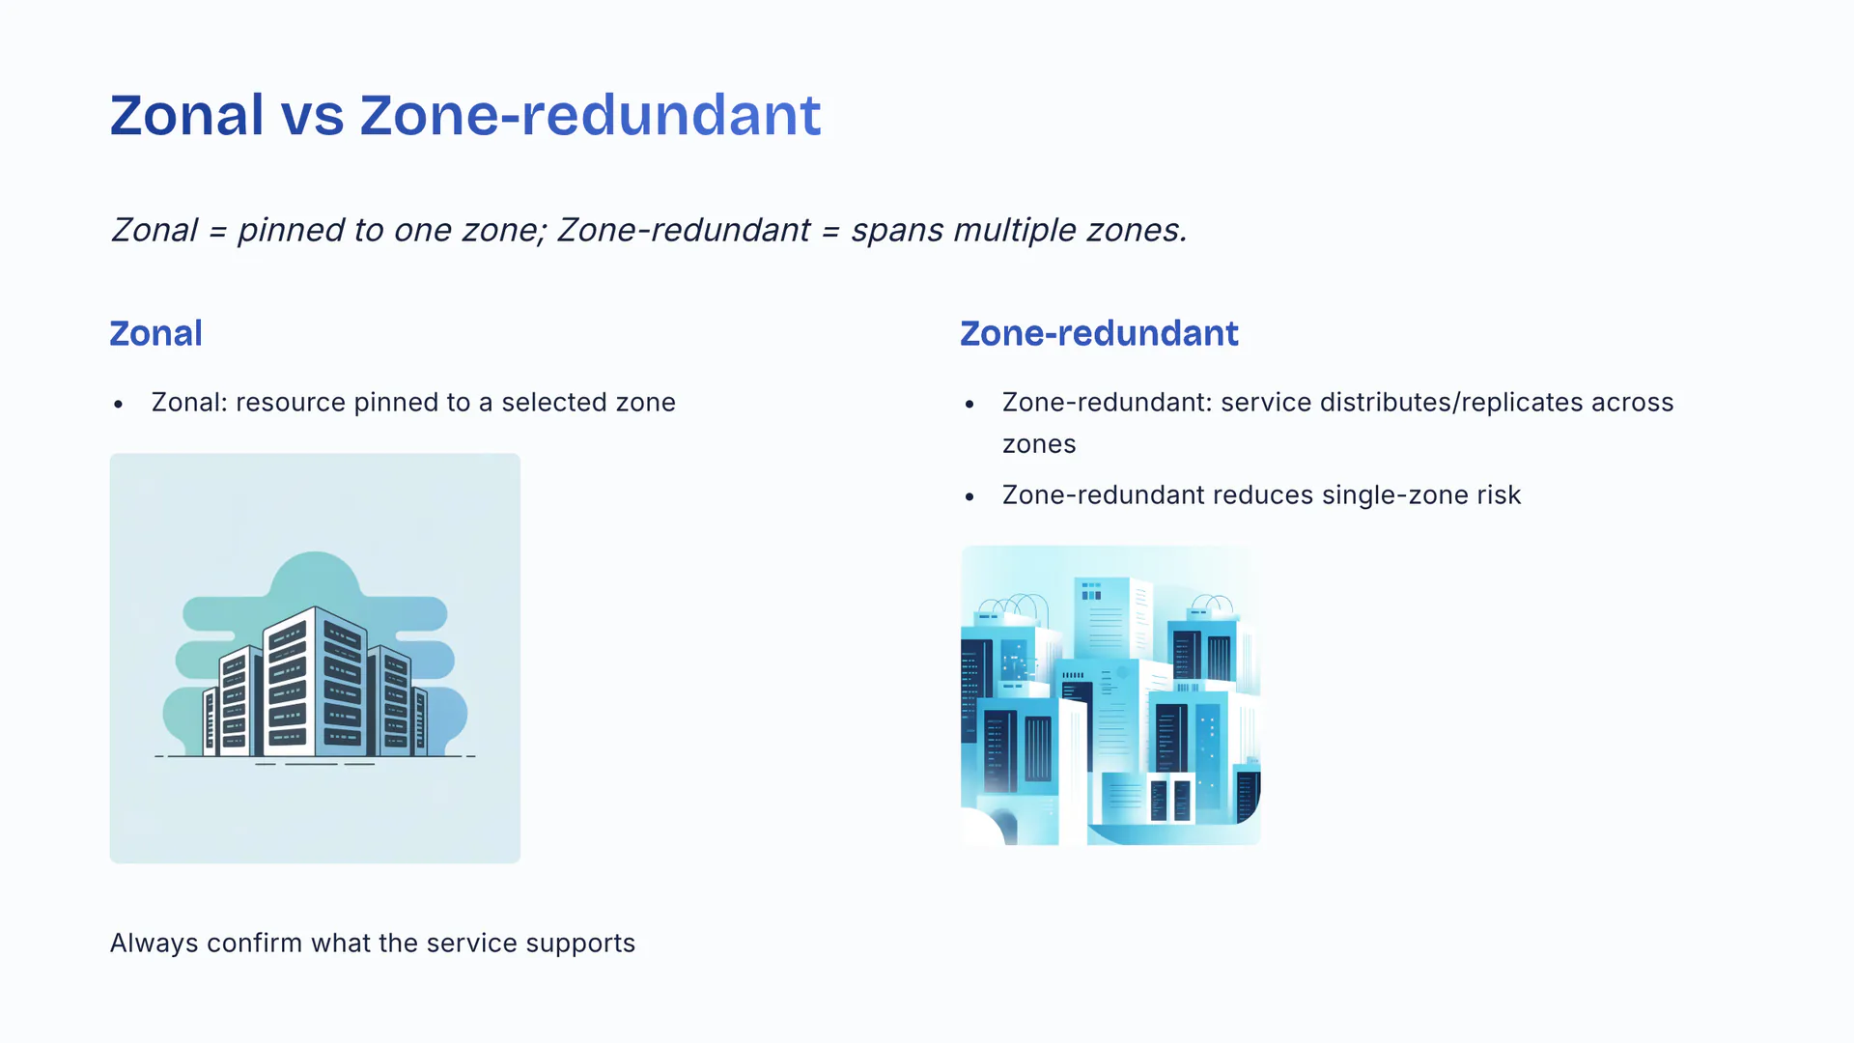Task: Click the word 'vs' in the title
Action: click(x=312, y=116)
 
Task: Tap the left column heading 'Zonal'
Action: click(x=155, y=333)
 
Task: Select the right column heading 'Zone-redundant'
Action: click(x=1099, y=333)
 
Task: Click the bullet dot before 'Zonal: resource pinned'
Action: click(x=118, y=405)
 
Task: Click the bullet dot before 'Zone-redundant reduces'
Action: click(x=969, y=497)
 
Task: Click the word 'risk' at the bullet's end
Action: click(x=1498, y=495)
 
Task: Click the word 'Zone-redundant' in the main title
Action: click(x=590, y=116)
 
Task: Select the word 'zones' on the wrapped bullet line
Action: click(x=1039, y=445)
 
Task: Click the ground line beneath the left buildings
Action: click(x=315, y=756)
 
